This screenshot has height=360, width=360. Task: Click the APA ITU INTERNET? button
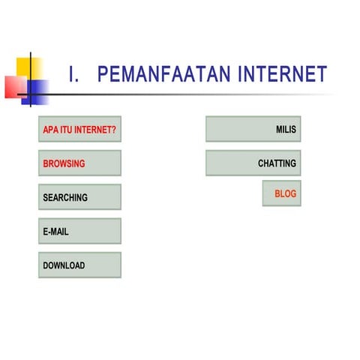pos(79,129)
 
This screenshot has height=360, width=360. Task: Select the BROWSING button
pos(79,163)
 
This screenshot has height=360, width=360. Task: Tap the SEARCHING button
pos(79,197)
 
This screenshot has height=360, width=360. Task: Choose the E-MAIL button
pos(79,231)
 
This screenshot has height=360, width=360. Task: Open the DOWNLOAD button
pos(79,265)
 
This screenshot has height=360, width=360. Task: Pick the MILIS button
pos(253,129)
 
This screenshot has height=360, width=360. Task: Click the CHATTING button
pos(253,163)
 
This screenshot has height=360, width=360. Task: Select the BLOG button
pos(281,193)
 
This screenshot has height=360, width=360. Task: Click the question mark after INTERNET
pos(114,129)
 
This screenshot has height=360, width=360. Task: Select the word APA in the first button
pos(50,129)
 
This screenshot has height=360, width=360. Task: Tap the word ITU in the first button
pos(67,129)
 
